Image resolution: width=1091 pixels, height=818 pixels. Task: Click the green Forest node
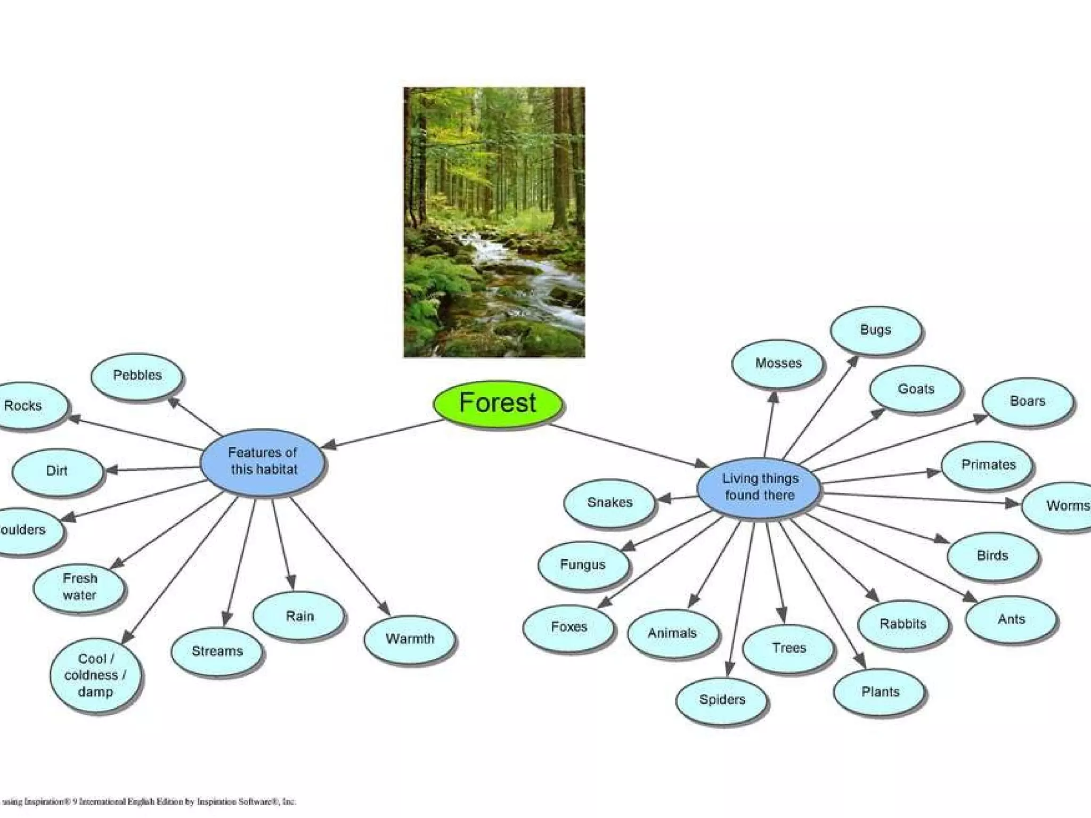[x=498, y=403]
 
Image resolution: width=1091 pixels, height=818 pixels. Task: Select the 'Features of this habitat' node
[x=263, y=462]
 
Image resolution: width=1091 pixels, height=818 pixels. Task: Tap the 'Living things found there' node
[x=759, y=487]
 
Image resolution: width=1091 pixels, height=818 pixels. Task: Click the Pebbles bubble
[x=137, y=376]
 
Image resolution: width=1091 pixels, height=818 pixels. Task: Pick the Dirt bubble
[x=57, y=471]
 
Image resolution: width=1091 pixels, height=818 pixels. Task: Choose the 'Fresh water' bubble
[x=80, y=587]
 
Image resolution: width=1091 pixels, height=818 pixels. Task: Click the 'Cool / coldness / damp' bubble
[x=95, y=675]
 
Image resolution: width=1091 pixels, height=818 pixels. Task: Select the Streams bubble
[x=217, y=651]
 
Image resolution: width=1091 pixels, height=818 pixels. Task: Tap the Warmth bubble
[x=410, y=639]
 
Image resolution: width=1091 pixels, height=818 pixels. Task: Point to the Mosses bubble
[x=778, y=364]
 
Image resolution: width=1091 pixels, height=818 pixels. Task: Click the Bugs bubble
[x=875, y=330]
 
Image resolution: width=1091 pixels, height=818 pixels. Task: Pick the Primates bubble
[x=988, y=465]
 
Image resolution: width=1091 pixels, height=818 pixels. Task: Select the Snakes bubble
[x=609, y=503]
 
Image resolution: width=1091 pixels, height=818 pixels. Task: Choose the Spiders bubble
[x=722, y=700]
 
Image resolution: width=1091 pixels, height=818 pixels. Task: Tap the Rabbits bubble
[x=903, y=624]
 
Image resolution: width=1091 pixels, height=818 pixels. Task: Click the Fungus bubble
[x=583, y=565]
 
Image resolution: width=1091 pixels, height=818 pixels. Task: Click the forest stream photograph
[x=494, y=222]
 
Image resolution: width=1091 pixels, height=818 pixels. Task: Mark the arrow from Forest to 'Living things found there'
[x=629, y=446]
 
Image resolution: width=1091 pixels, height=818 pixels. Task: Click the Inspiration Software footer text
[x=149, y=801]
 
